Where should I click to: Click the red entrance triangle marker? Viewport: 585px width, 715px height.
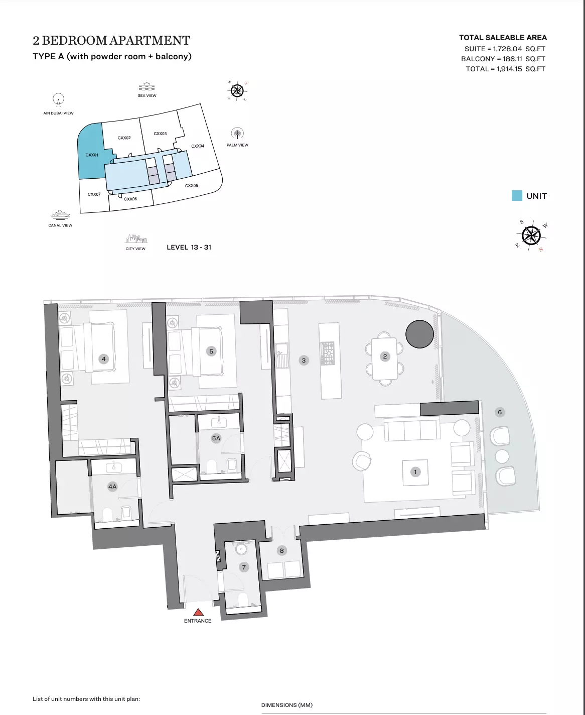[198, 612]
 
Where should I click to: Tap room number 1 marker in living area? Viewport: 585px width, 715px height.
[415, 472]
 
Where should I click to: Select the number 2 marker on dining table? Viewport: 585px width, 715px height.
[385, 356]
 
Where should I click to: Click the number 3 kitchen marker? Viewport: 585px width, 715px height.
[304, 360]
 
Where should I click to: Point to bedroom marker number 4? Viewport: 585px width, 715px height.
[104, 359]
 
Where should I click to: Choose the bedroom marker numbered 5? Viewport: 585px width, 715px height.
[211, 351]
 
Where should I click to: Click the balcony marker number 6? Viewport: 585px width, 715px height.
[499, 412]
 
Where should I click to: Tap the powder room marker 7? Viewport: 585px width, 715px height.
[244, 567]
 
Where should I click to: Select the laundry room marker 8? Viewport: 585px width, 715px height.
[281, 551]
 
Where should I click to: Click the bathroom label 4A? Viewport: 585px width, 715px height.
[112, 487]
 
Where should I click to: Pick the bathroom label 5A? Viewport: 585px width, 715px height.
[216, 438]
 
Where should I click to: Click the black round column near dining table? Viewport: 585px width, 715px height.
[419, 334]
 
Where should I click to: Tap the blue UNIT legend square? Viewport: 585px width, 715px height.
[517, 196]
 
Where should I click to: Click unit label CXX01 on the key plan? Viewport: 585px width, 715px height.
[92, 155]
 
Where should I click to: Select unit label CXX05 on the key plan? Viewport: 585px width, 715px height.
[191, 186]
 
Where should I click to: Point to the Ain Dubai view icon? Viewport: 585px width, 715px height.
[59, 99]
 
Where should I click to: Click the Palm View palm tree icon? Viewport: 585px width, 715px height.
[237, 134]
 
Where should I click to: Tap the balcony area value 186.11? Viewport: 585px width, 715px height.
[512, 59]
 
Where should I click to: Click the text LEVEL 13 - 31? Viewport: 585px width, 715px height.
[189, 247]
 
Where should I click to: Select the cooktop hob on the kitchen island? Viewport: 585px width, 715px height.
[328, 353]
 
